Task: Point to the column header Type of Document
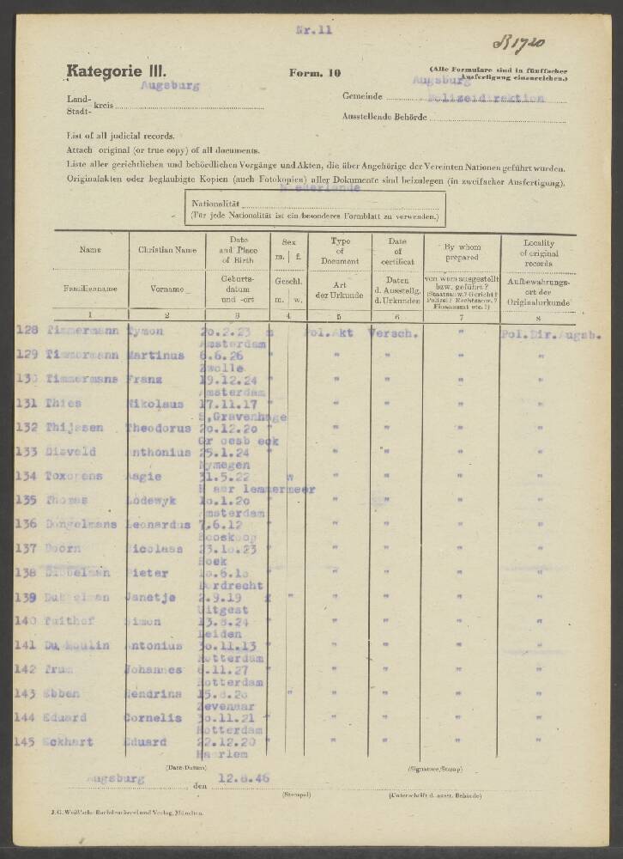(x=340, y=251)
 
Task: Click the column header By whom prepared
(x=462, y=250)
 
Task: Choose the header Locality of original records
(x=539, y=251)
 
